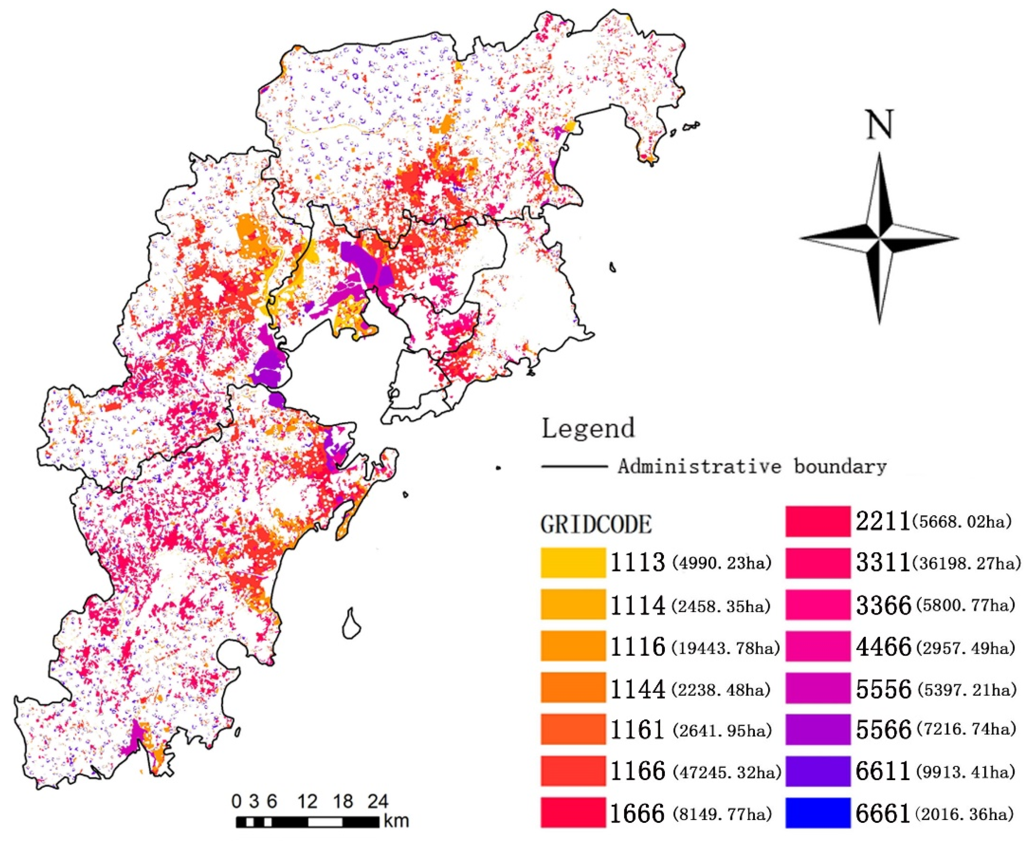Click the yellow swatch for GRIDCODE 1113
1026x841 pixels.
coord(573,562)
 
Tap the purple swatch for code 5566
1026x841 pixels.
coord(817,729)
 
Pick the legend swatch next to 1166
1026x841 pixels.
coord(573,771)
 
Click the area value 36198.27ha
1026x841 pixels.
coord(966,563)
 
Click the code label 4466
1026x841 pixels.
coord(883,647)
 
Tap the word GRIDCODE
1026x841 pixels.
coord(596,524)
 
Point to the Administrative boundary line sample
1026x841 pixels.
coord(574,466)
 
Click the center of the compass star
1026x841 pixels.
coord(879,238)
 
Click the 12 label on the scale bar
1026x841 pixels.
coord(307,802)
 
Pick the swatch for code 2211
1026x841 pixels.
coord(817,521)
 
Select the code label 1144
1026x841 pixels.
coord(637,688)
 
